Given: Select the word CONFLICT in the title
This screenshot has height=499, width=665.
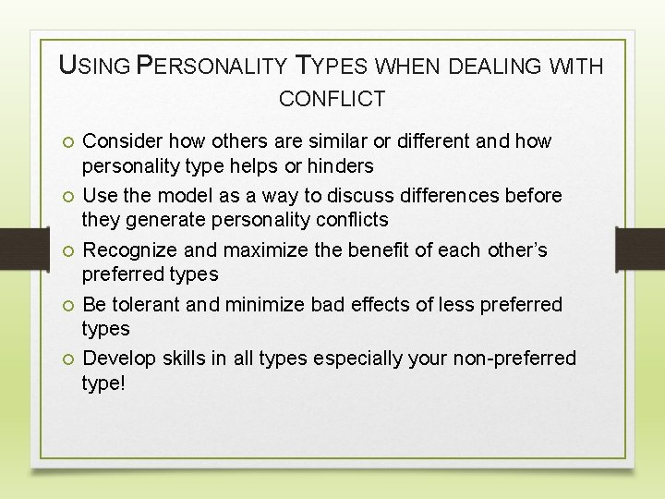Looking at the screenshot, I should [332, 98].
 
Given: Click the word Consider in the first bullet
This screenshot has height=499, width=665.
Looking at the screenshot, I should [121, 141].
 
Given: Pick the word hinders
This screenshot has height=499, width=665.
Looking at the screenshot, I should [342, 166].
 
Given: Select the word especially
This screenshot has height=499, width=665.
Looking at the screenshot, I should [356, 359].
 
